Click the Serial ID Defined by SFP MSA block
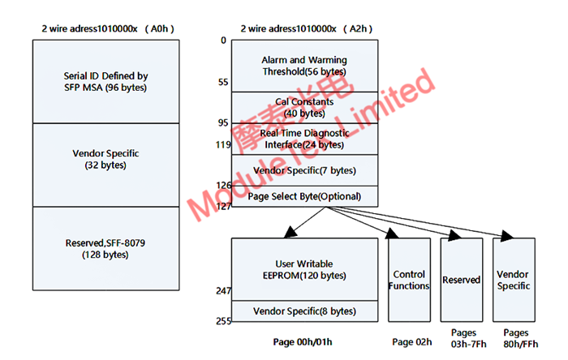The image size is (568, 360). click(x=105, y=81)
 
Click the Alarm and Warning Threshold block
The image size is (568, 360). click(x=304, y=66)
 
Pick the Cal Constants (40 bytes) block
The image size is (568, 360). click(x=304, y=107)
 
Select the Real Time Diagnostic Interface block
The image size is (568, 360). click(x=304, y=138)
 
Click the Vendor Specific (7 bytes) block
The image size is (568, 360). click(x=304, y=170)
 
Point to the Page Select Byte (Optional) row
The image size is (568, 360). click(x=304, y=196)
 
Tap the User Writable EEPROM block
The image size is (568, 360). click(x=304, y=269)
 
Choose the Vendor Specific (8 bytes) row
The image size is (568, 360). click(x=304, y=311)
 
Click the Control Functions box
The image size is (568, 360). click(x=410, y=280)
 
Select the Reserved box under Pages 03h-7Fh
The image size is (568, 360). click(x=461, y=280)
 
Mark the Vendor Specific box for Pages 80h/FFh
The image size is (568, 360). click(x=514, y=280)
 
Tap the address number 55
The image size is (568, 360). click(x=223, y=83)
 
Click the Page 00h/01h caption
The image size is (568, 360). click(x=304, y=341)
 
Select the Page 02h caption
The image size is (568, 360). click(x=411, y=341)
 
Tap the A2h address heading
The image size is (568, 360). click(x=305, y=28)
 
